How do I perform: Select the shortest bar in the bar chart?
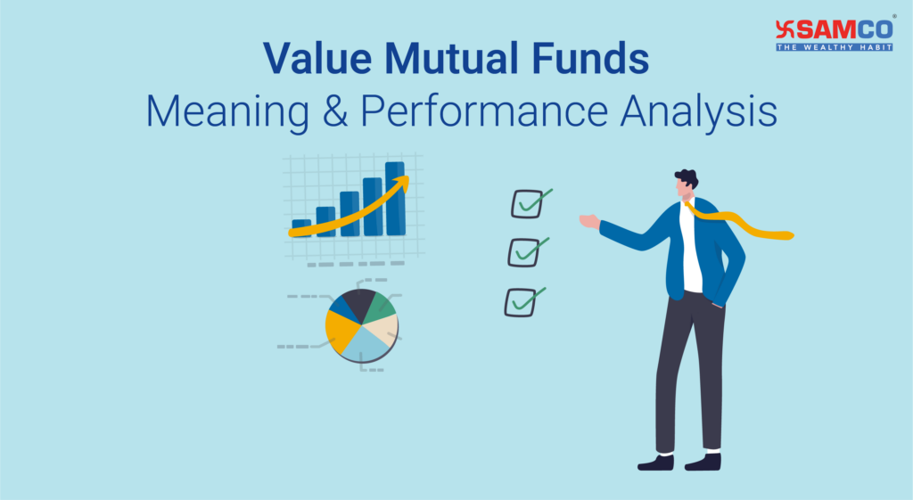(301, 227)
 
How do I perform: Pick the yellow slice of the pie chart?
(341, 331)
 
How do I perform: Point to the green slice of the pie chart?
(381, 306)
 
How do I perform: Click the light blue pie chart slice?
(366, 344)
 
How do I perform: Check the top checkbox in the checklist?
(525, 205)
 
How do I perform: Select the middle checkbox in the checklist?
(522, 253)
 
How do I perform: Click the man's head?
(686, 184)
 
